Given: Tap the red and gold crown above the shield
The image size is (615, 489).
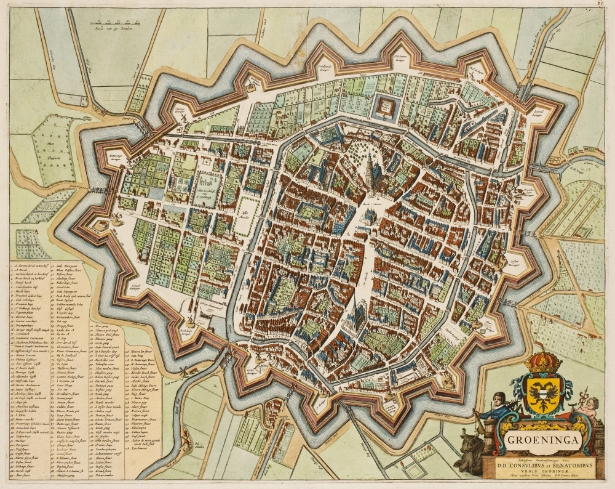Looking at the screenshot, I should [542, 362].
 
